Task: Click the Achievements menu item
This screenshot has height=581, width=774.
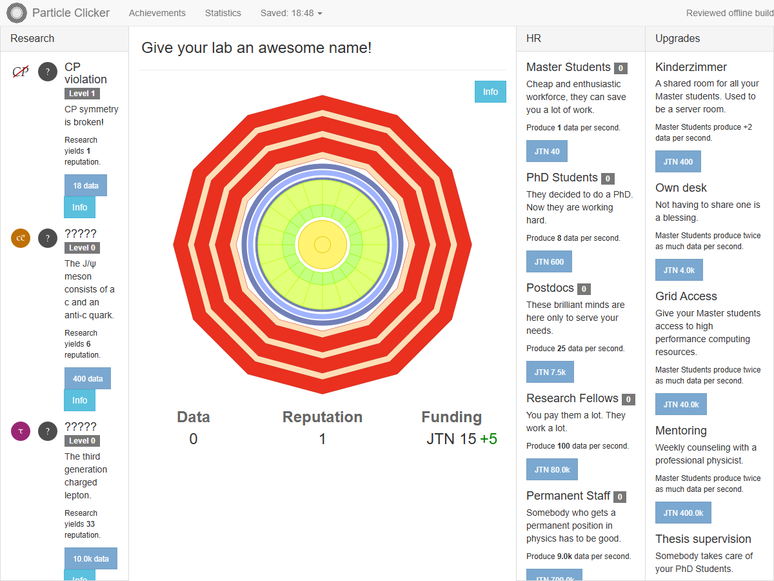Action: tap(157, 13)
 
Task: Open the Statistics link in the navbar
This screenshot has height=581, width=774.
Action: tap(223, 13)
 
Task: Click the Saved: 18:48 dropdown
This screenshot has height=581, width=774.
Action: tap(292, 13)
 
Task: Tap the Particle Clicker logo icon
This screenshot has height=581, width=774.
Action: tap(17, 13)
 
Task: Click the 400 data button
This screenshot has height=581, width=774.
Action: tap(88, 378)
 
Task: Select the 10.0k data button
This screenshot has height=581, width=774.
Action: tap(91, 558)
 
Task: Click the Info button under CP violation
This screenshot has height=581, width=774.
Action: tap(80, 207)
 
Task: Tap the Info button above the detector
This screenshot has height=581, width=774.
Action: tap(490, 92)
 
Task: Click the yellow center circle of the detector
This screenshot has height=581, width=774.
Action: tap(322, 245)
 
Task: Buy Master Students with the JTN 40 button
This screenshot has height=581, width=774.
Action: tap(546, 151)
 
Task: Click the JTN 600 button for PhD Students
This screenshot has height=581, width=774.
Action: tap(549, 261)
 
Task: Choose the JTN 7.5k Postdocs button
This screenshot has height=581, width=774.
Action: tap(550, 372)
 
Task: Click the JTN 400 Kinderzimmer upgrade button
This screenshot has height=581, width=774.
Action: tap(678, 161)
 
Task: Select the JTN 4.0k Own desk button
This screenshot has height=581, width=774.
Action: tap(679, 270)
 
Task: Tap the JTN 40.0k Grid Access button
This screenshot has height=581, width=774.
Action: tap(681, 404)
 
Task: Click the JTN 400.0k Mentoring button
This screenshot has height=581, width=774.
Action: tap(683, 513)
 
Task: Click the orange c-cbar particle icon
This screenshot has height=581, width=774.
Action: tap(21, 238)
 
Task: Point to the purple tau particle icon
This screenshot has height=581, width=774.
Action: tap(21, 431)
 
